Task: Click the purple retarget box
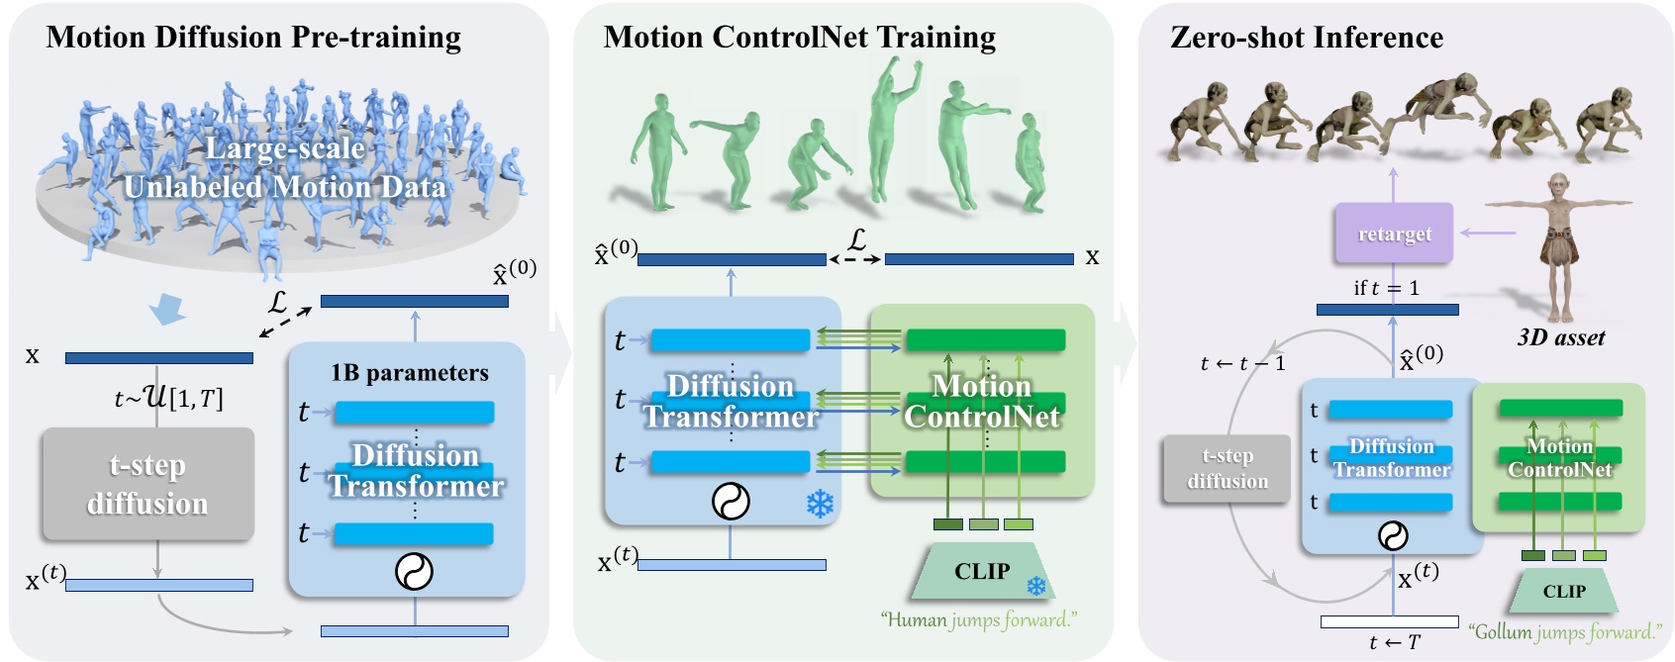coord(1394,234)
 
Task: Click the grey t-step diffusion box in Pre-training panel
coord(148,484)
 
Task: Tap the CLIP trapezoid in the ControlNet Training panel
coord(982,571)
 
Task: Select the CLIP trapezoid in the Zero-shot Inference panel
coord(1563,591)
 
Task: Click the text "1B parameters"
coord(410,373)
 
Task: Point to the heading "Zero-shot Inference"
coord(1306,38)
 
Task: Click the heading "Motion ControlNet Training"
coord(799,38)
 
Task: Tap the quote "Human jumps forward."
coord(978,620)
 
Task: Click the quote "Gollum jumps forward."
coord(1564,631)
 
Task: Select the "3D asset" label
coord(1561,337)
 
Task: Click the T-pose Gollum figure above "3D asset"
coord(1558,247)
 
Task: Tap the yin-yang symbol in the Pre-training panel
coord(414,571)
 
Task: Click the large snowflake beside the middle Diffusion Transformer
coord(820,504)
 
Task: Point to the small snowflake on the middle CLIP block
coord(1035,587)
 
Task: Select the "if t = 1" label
coord(1386,288)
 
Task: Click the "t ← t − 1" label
coord(1242,363)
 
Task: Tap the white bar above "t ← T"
coord(1389,621)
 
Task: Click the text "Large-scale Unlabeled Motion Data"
coord(285,168)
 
